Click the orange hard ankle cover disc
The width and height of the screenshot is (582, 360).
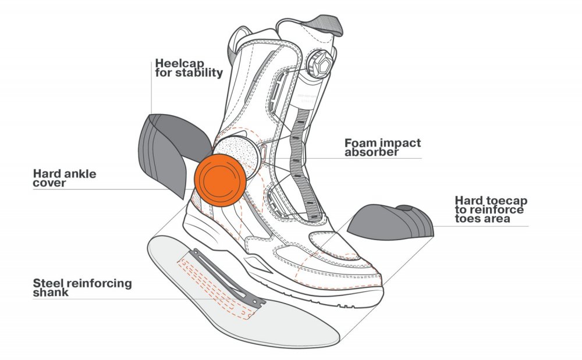[x=220, y=180]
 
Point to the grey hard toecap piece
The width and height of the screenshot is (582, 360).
[x=391, y=222]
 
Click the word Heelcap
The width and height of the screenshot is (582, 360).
[x=180, y=63]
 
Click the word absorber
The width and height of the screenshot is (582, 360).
[x=371, y=152]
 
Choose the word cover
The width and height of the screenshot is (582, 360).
[x=49, y=183]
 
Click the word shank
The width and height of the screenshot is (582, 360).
[x=51, y=292]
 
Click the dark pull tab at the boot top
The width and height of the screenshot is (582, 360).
[x=324, y=25]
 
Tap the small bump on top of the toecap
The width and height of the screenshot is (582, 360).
[x=405, y=208]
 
